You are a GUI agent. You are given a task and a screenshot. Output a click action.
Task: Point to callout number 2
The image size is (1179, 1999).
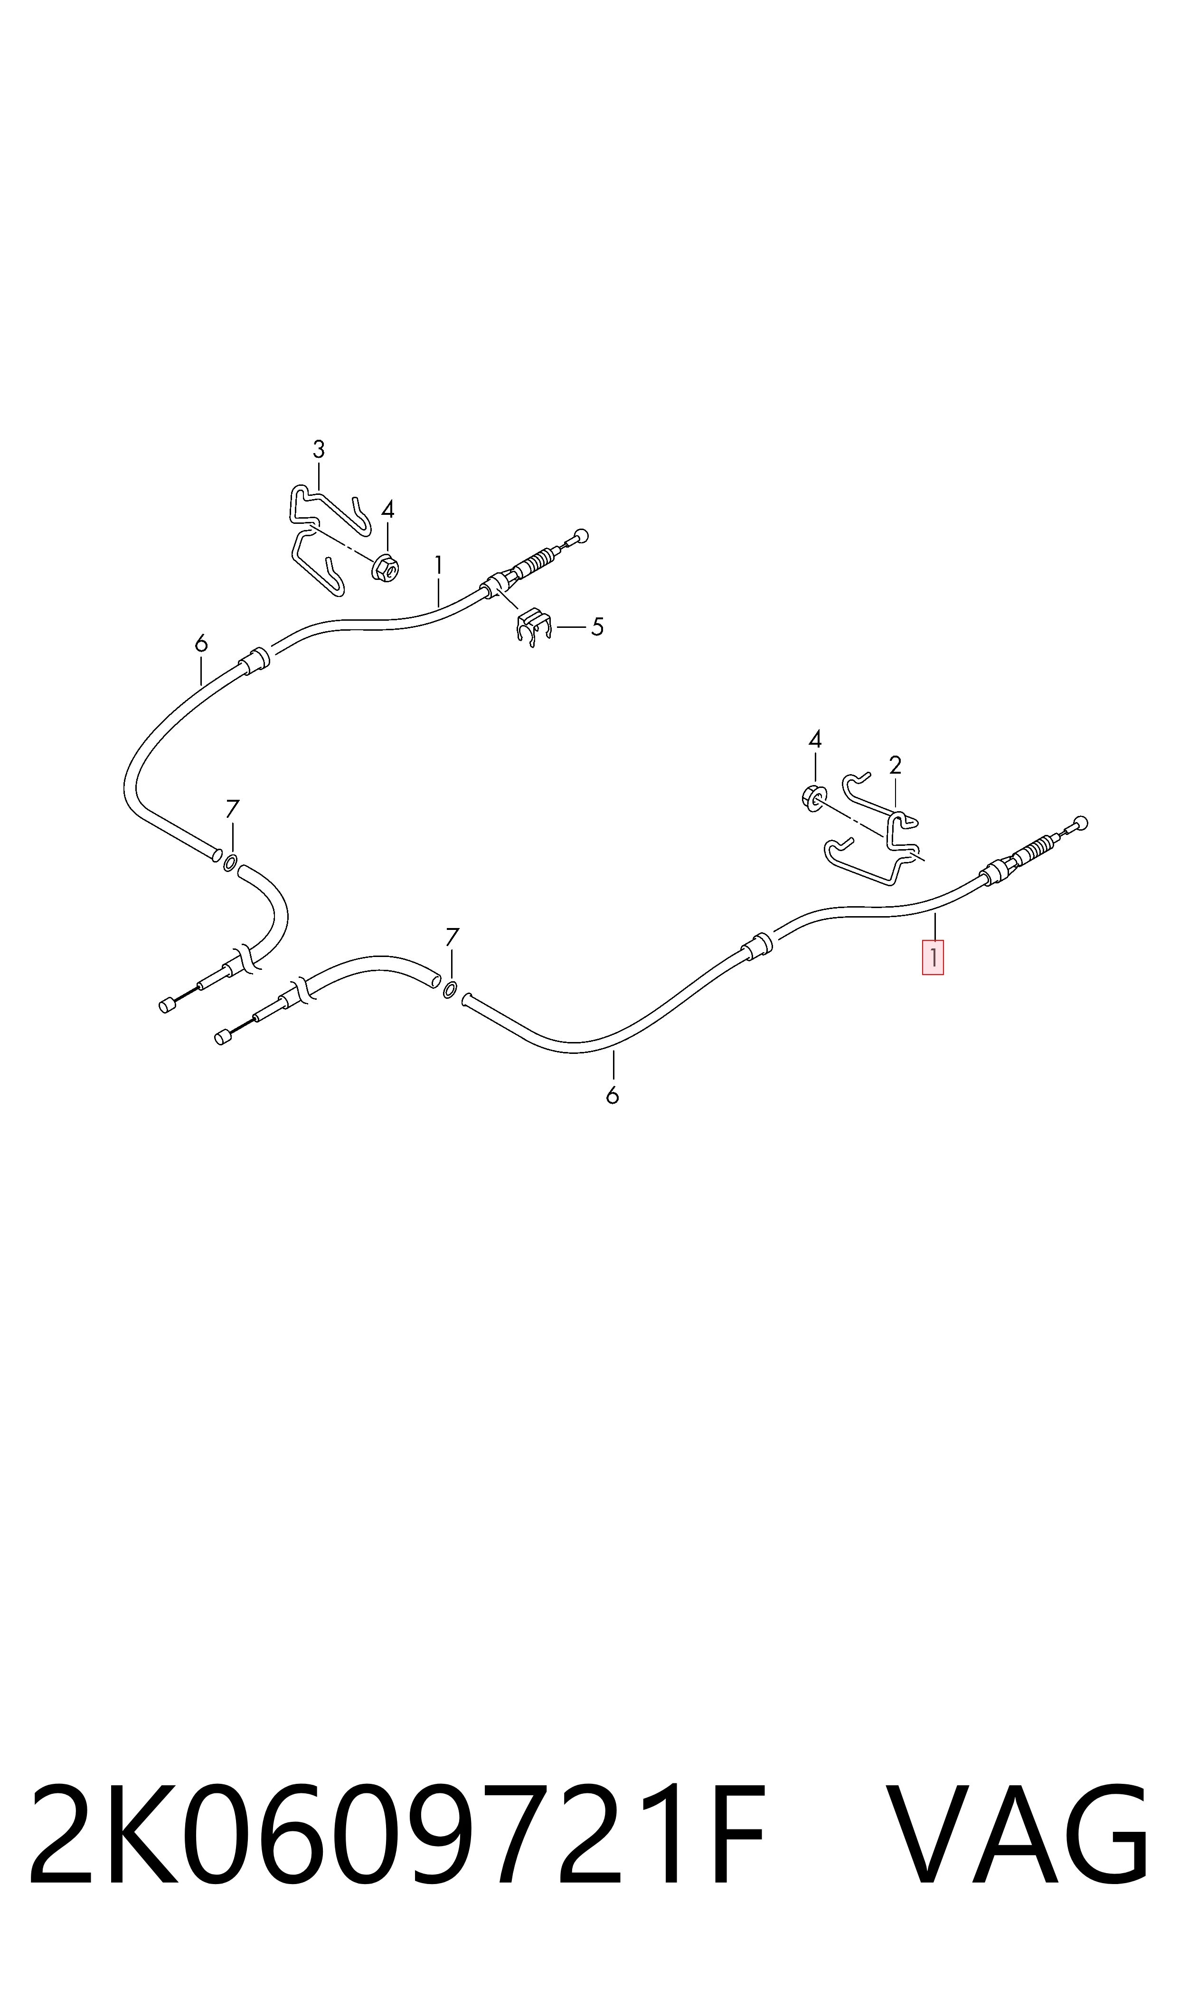pyautogui.click(x=896, y=766)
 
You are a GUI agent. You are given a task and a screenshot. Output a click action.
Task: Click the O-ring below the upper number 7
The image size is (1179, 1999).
pyautogui.click(x=230, y=863)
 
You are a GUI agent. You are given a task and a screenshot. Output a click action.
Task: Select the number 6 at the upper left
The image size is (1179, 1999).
pyautogui.click(x=201, y=643)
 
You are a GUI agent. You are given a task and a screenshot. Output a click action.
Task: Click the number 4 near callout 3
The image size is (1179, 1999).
pyautogui.click(x=388, y=509)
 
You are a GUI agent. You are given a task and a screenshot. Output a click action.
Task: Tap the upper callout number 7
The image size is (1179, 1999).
pyautogui.click(x=232, y=809)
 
